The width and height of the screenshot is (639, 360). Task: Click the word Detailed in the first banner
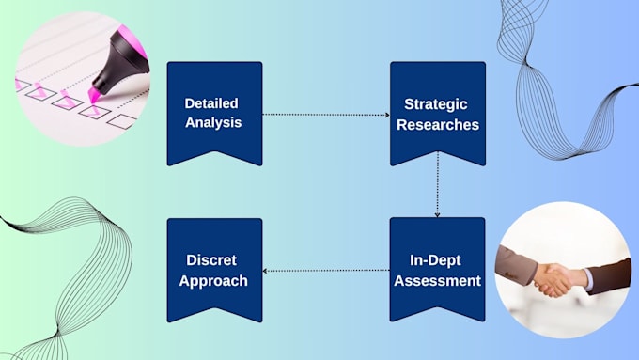click(x=211, y=103)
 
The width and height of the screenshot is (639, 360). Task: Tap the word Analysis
click(x=213, y=123)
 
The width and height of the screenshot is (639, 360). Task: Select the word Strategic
click(x=436, y=104)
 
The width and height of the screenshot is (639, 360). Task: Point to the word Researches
click(x=438, y=124)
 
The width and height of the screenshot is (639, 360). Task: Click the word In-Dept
click(x=435, y=260)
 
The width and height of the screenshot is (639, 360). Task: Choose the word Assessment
click(x=437, y=280)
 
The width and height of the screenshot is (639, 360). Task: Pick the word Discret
click(x=211, y=260)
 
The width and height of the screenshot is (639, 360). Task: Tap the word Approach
click(x=213, y=281)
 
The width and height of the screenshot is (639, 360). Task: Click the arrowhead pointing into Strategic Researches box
click(x=387, y=115)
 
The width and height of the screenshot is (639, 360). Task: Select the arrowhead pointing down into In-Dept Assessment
click(x=437, y=214)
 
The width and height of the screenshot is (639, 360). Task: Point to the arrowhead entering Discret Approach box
click(x=265, y=271)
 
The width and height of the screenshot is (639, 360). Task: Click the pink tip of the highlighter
click(x=94, y=95)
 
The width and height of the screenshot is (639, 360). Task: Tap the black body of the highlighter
click(x=119, y=61)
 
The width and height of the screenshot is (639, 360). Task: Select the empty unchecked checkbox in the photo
click(x=122, y=121)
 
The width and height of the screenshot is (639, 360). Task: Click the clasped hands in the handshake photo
click(x=553, y=280)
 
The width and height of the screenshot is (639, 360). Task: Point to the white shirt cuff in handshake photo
click(x=589, y=279)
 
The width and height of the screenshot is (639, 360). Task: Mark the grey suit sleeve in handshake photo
click(x=516, y=265)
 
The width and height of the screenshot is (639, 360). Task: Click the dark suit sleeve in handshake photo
click(x=609, y=275)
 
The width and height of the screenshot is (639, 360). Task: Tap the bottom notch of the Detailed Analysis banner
click(x=215, y=152)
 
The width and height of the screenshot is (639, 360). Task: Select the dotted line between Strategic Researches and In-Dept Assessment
click(x=437, y=184)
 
